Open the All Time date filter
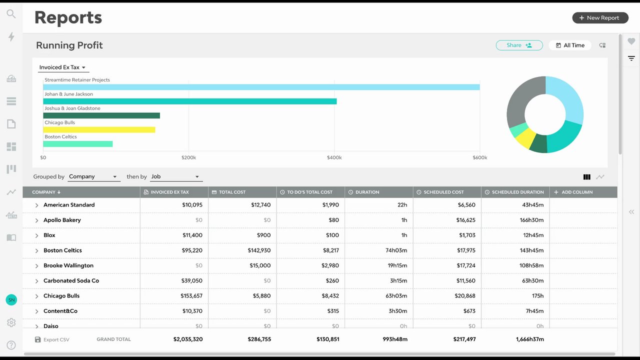[x=570, y=45]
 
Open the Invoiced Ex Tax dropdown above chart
[x=63, y=67]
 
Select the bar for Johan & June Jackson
[x=189, y=101]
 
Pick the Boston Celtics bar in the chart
[x=77, y=144]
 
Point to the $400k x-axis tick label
[x=334, y=157]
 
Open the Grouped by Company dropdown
[x=93, y=176]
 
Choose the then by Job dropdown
[x=175, y=176]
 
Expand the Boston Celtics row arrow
[x=36, y=250]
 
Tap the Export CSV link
[x=52, y=339]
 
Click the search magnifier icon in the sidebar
[x=11, y=13]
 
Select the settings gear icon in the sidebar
[x=11, y=322]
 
